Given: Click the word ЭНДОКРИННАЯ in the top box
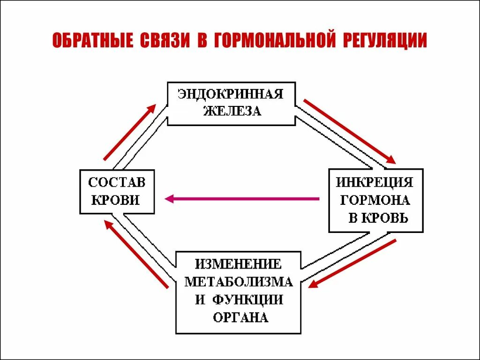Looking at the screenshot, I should (x=231, y=94).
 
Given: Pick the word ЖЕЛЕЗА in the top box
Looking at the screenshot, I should (x=232, y=112).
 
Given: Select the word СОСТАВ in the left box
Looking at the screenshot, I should (x=117, y=182).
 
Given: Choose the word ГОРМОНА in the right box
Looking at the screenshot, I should (x=375, y=200).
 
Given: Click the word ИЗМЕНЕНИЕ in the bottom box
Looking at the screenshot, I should (x=239, y=263).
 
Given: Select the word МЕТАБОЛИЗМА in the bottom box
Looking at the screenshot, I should (x=239, y=281).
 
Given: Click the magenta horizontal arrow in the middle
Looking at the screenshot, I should (x=242, y=199).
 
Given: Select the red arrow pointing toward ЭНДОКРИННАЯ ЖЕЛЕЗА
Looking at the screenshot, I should (x=129, y=132).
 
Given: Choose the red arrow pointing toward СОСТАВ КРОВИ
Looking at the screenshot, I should (x=136, y=254).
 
